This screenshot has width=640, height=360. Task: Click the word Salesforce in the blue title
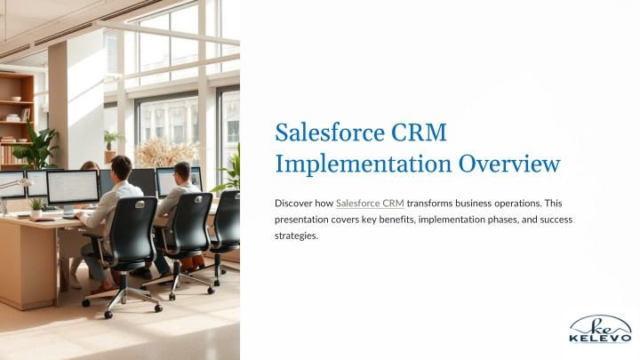click(x=330, y=132)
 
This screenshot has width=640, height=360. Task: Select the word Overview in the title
click(x=509, y=164)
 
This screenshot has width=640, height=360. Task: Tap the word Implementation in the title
click(x=364, y=164)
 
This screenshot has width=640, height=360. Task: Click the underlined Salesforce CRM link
click(x=370, y=204)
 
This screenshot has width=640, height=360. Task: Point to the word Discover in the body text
click(x=293, y=204)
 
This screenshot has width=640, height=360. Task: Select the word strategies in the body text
click(x=296, y=236)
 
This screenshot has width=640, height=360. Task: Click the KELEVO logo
click(x=600, y=329)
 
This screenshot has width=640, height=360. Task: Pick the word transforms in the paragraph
click(x=429, y=204)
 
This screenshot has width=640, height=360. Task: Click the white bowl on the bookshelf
click(x=15, y=99)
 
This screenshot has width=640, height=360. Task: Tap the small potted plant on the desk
click(x=36, y=207)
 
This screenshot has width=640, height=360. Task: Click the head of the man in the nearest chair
click(x=121, y=168)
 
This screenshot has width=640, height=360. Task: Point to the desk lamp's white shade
click(x=25, y=182)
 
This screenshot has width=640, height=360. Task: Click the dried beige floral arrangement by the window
click(x=165, y=152)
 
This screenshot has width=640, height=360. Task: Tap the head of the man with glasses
click(x=182, y=173)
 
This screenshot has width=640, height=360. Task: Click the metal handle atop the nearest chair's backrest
click(x=140, y=204)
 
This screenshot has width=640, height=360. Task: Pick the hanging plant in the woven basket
click(x=110, y=146)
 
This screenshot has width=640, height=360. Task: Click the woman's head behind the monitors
click(x=90, y=166)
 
